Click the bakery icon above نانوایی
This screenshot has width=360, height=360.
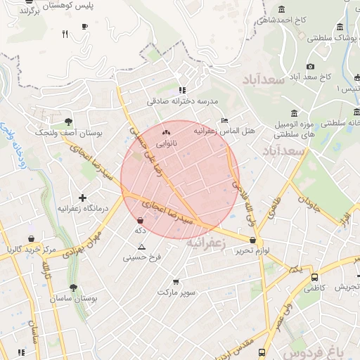[x=167, y=131]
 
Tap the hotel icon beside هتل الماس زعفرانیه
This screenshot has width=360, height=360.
[x=224, y=120]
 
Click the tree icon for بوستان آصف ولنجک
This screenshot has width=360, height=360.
[x=67, y=122]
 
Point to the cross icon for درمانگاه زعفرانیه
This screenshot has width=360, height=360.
[x=83, y=198]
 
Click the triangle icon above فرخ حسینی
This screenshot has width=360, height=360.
[x=142, y=247]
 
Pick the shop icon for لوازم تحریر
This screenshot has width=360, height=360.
[x=252, y=240]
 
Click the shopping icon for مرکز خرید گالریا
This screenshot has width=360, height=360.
[x=31, y=239]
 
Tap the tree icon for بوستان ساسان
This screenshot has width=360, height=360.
[x=73, y=288]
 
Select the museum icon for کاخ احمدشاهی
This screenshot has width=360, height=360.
[x=282, y=9]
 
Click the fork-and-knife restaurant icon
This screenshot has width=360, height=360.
[x=65, y=33]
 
